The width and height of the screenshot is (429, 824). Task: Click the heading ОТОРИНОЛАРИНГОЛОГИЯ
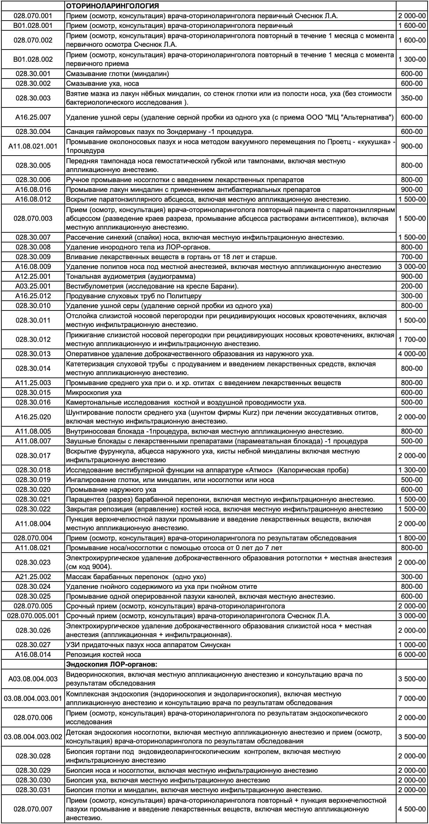(x=112, y=6)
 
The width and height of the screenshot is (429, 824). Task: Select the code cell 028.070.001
(x=33, y=16)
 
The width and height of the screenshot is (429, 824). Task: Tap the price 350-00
(x=412, y=98)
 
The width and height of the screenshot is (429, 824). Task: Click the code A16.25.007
(x=33, y=117)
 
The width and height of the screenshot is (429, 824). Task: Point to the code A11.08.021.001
(x=33, y=146)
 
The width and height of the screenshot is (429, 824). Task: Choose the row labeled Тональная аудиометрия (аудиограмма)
(x=131, y=276)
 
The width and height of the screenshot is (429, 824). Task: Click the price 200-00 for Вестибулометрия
(x=412, y=286)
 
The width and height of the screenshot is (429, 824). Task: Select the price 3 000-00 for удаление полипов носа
(x=412, y=267)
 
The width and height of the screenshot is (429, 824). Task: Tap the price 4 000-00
(x=412, y=354)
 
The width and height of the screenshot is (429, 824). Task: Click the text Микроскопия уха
(x=94, y=392)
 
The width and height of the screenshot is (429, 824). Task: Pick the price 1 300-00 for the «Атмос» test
(x=412, y=470)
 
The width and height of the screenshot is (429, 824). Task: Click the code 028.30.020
(x=33, y=489)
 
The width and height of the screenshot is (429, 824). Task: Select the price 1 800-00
(x=412, y=538)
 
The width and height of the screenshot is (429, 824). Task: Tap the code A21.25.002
(x=33, y=577)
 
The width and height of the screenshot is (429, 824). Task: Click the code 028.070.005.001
(x=33, y=616)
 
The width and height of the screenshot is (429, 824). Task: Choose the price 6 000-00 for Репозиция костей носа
(x=412, y=654)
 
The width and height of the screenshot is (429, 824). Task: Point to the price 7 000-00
(x=412, y=698)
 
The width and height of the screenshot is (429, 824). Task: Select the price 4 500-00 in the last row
(x=412, y=809)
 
